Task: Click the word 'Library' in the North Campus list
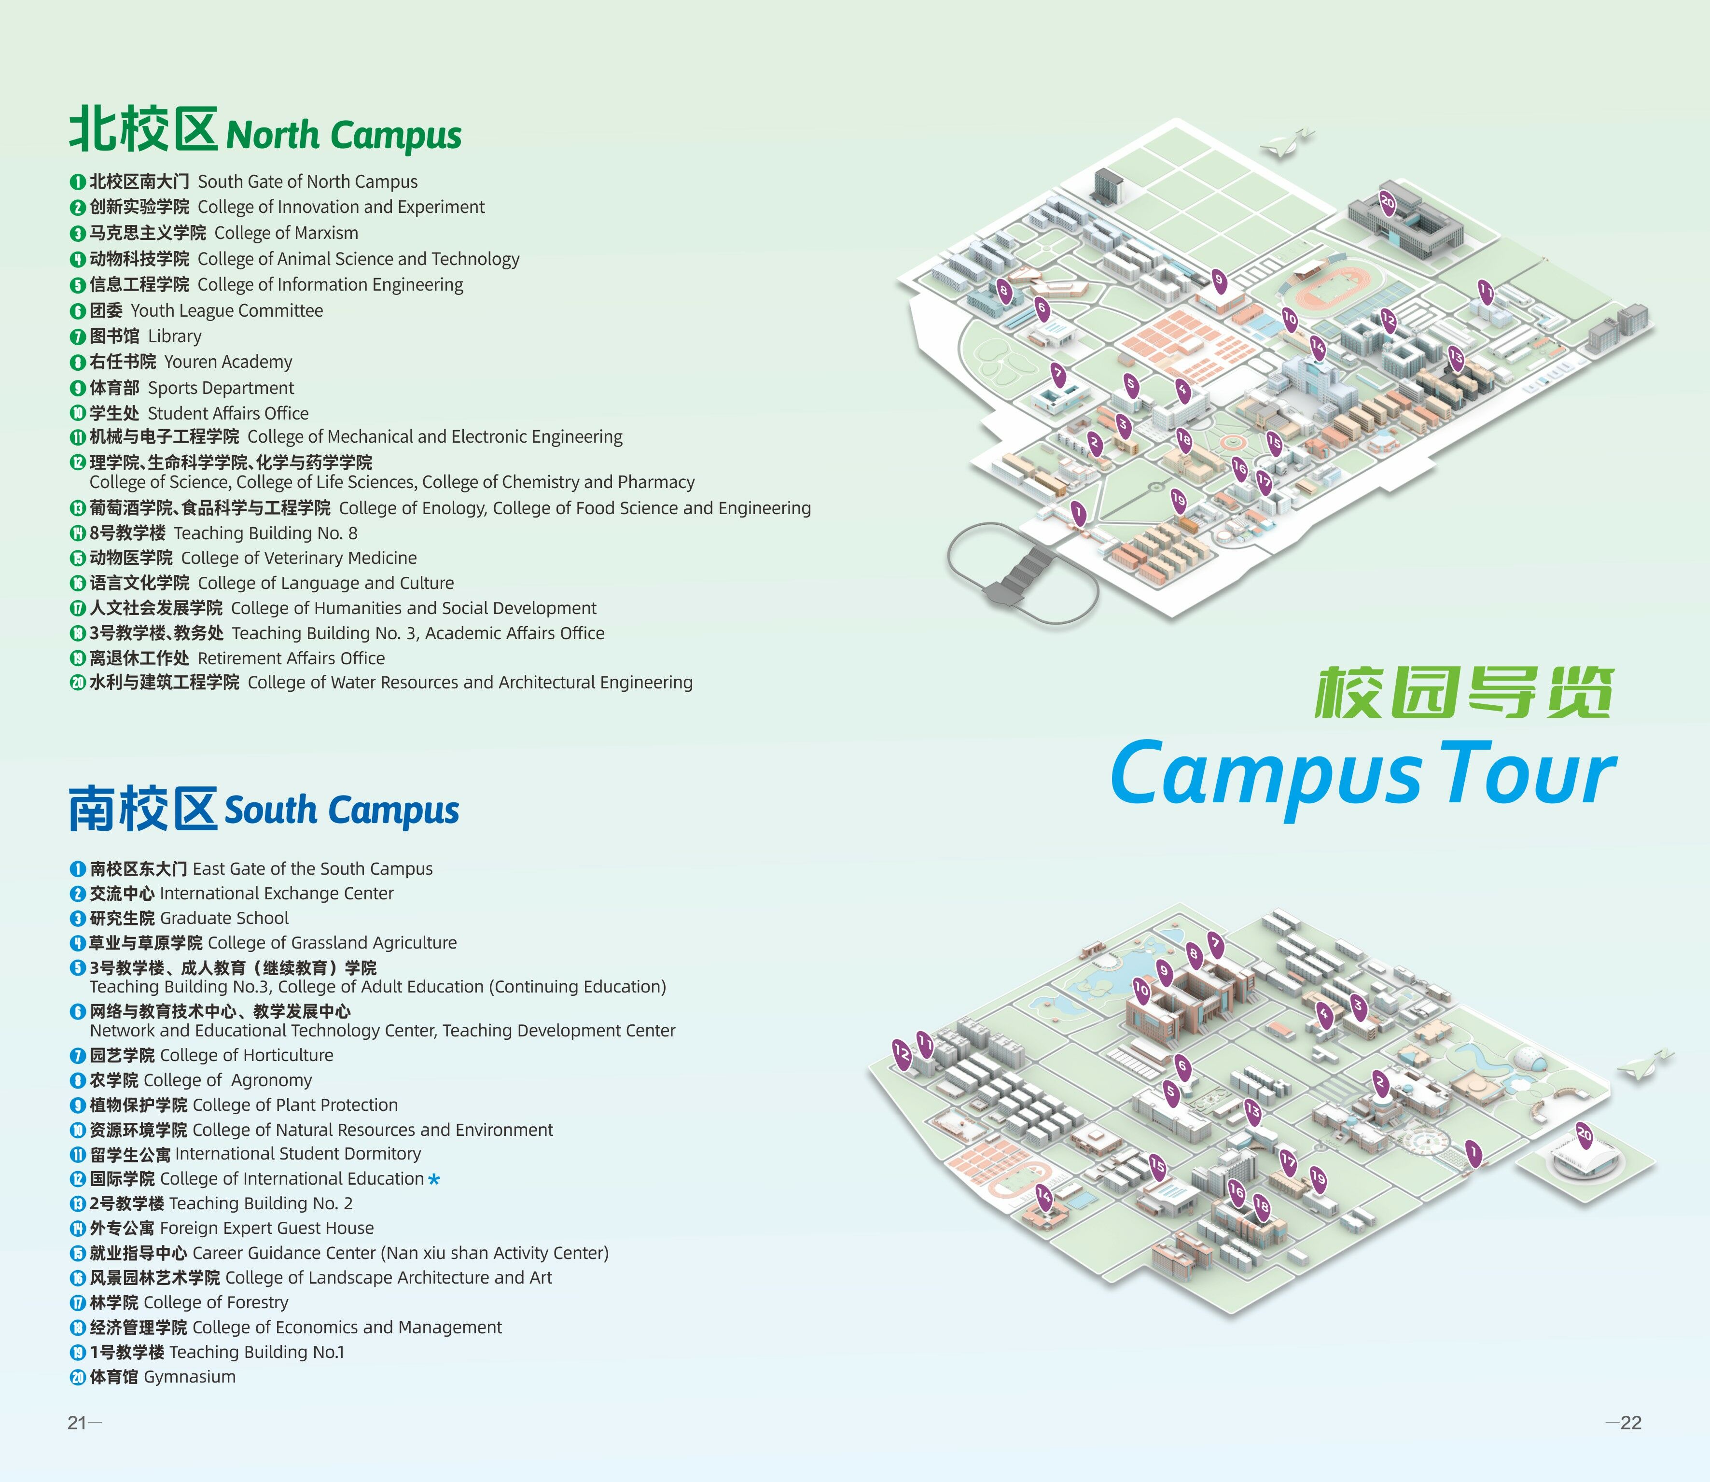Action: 174,336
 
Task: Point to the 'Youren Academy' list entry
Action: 227,362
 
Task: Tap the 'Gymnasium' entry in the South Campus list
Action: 189,1377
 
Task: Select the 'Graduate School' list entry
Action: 224,918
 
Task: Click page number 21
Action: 78,1423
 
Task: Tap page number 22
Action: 1631,1423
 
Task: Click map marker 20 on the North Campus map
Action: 1388,202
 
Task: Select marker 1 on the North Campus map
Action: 1078,513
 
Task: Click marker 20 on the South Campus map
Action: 1585,1134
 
